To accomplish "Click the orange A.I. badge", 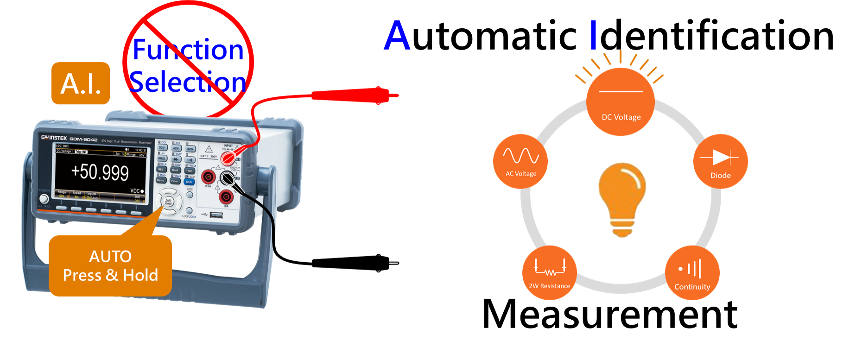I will (x=81, y=83).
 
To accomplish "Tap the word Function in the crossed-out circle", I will (x=188, y=50).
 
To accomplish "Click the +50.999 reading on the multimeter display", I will (x=100, y=172).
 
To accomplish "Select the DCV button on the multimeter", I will (x=162, y=148).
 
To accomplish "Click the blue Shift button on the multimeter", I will (x=189, y=182).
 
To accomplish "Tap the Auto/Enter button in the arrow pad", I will (x=168, y=202).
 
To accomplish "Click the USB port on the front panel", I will (x=216, y=215).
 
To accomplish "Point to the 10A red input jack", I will (x=226, y=197).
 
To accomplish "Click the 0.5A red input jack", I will (x=208, y=177).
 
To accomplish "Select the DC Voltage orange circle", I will (x=621, y=102).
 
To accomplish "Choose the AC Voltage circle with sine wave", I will (x=520, y=161).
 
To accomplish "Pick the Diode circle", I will (x=720, y=161).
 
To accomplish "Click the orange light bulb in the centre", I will (x=622, y=199).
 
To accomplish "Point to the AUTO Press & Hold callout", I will (x=110, y=265).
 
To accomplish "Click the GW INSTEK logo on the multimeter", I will (x=54, y=138).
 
